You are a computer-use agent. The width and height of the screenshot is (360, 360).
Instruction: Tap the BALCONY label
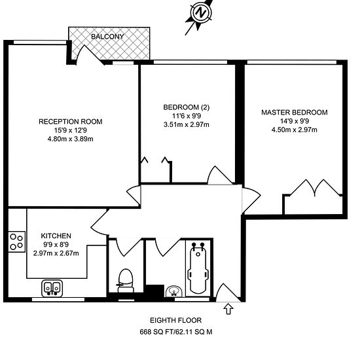click(109, 36)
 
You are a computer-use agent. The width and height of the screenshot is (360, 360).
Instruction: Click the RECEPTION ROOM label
click(71, 121)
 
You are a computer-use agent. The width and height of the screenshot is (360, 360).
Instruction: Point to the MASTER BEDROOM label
click(294, 112)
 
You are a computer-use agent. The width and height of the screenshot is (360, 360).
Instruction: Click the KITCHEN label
click(56, 236)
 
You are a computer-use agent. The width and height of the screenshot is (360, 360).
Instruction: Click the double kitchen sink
click(52, 287)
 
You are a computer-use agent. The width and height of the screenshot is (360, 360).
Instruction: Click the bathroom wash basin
click(173, 291)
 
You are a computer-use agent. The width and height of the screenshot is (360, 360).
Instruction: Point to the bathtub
click(198, 269)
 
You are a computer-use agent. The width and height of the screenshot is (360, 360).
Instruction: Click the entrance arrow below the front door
click(228, 308)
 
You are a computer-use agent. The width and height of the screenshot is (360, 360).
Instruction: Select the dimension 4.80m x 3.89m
click(71, 138)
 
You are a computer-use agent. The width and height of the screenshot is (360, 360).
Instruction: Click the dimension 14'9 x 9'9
click(294, 120)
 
